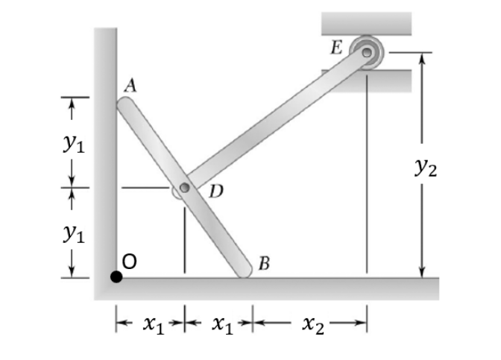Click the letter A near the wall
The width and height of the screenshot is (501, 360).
click(x=130, y=85)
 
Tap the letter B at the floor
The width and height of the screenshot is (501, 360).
click(x=264, y=262)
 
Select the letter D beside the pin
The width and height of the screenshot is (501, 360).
click(x=215, y=192)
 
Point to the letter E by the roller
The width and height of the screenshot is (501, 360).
click(x=338, y=48)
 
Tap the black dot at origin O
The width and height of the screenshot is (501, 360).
click(x=116, y=277)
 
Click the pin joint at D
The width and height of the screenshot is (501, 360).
click(x=183, y=189)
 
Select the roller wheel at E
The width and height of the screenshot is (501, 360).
click(x=367, y=52)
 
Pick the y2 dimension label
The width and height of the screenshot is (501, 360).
click(x=426, y=169)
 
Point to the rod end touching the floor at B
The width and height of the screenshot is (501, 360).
click(x=245, y=271)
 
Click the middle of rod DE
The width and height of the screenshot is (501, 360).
click(x=275, y=121)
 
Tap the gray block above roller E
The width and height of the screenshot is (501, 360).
click(x=366, y=23)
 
